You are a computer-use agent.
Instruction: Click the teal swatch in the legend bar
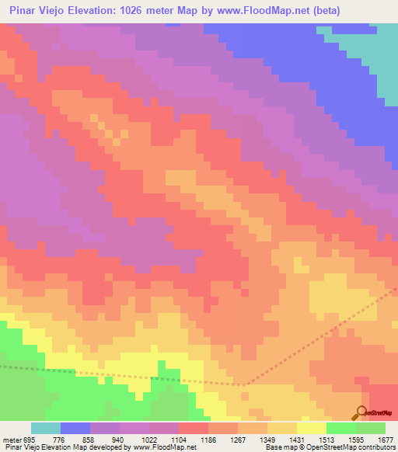(46, 428)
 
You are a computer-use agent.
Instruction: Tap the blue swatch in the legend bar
(75, 428)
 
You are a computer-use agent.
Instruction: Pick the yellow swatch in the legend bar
(312, 428)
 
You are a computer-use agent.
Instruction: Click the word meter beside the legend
(11, 440)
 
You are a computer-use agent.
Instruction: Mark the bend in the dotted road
(243, 384)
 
